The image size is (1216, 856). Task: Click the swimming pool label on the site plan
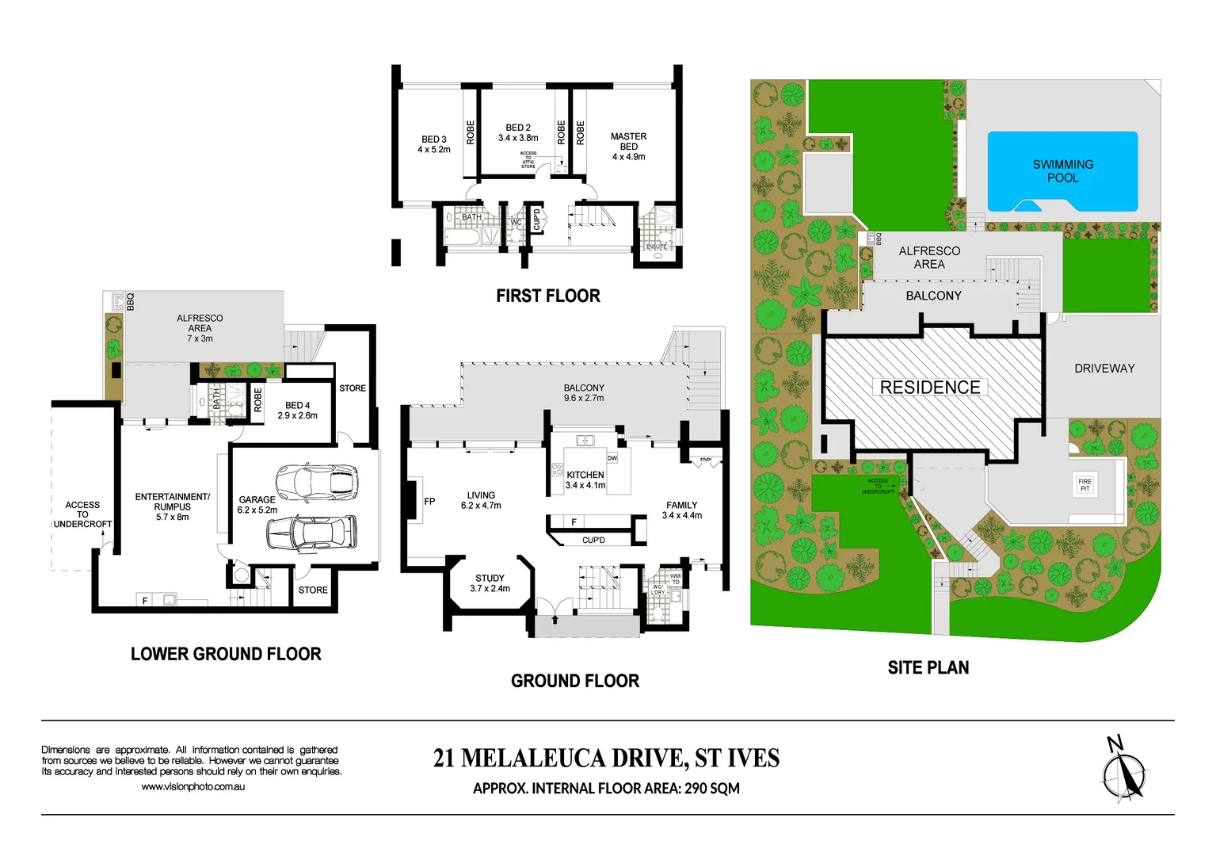(1062, 171)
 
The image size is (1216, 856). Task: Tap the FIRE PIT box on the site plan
(1084, 485)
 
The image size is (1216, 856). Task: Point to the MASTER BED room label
(628, 147)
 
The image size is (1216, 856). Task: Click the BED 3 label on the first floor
(434, 144)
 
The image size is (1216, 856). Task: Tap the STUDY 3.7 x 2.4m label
(490, 583)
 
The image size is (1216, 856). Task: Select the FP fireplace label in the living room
(429, 501)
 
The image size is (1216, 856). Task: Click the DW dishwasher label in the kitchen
(612, 458)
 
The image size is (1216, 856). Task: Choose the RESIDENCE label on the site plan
(930, 388)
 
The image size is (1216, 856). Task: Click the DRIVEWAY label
(1104, 369)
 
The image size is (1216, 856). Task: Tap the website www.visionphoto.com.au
(193, 787)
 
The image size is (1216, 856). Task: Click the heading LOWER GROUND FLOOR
(226, 654)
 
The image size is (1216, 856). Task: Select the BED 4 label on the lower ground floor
(297, 411)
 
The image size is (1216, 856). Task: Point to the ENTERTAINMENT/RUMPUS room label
(172, 506)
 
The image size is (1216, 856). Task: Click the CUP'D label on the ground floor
(593, 540)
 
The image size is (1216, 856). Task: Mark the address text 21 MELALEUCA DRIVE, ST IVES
(606, 759)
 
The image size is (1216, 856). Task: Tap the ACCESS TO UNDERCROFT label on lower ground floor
(82, 514)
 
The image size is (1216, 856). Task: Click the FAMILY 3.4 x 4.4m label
(681, 510)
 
